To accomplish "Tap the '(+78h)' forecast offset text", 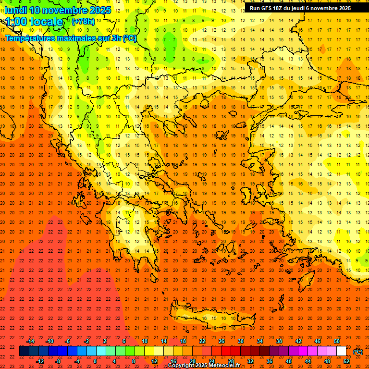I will (x=83, y=21).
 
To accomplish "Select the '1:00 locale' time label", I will (x=34, y=22).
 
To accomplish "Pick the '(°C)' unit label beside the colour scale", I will (x=358, y=352).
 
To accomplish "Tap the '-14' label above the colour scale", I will (x=30, y=341).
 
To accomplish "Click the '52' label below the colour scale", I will (x=346, y=361).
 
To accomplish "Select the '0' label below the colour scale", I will (x=95, y=361).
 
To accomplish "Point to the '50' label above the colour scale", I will (x=337, y=341).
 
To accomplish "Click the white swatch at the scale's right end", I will (x=341, y=351).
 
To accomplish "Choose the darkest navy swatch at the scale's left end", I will (x=24, y=351).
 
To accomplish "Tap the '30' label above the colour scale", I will (x=240, y=341).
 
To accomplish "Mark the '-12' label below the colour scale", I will (x=40, y=361).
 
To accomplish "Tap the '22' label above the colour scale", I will (x=202, y=341).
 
